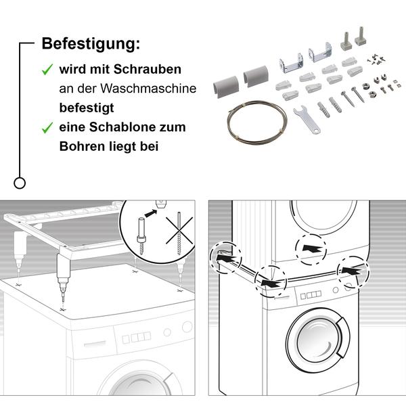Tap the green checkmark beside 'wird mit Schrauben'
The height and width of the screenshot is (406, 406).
tap(47, 70)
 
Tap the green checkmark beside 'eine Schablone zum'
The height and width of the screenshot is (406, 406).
tap(47, 128)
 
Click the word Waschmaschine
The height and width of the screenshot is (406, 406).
tap(148, 89)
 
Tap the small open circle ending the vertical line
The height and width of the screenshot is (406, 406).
tap(20, 183)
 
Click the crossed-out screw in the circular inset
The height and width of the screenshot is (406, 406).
tap(179, 233)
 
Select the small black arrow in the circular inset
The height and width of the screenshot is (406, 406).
tap(151, 213)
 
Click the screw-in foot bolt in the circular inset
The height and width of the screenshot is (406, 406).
tap(141, 236)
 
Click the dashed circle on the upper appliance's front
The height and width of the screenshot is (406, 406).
tap(311, 249)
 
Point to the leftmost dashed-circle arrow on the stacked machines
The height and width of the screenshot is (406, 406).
tap(227, 258)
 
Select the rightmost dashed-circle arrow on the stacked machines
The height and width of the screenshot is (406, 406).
tap(352, 271)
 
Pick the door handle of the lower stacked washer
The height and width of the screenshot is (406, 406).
tap(343, 337)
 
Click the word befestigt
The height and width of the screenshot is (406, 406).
tap(87, 108)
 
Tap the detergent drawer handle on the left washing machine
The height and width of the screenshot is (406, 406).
tap(95, 344)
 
